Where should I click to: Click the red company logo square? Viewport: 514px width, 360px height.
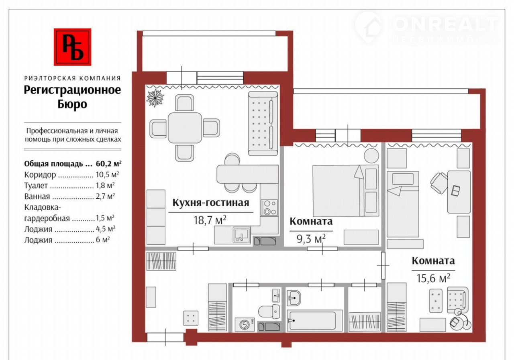pos(73,47)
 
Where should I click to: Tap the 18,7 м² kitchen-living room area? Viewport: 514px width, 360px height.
pos(210,220)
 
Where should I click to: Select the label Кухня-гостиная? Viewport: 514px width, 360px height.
pos(211,203)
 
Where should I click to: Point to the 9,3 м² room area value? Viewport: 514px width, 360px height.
pos(311,239)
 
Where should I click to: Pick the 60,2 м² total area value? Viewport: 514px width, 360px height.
pos(108,164)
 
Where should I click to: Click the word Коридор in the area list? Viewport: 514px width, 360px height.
pos(40,175)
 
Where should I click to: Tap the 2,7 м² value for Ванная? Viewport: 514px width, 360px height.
pos(105,196)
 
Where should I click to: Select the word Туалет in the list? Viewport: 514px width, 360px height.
pos(36,185)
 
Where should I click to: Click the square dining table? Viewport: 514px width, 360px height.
pos(185,128)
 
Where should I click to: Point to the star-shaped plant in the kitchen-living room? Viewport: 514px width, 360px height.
pos(155,98)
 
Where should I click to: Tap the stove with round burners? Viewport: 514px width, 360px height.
pos(269,207)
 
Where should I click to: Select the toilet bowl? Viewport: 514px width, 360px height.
pos(269,311)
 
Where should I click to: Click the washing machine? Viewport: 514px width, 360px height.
pos(245,324)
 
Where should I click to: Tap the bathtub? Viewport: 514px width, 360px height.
pos(314,321)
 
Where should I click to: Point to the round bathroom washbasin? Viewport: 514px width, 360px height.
pos(294,298)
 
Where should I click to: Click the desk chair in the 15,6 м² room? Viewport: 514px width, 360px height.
pos(439,183)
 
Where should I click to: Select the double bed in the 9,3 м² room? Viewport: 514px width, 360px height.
pos(346,191)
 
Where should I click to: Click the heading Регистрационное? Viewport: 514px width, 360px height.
pos(72,90)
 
